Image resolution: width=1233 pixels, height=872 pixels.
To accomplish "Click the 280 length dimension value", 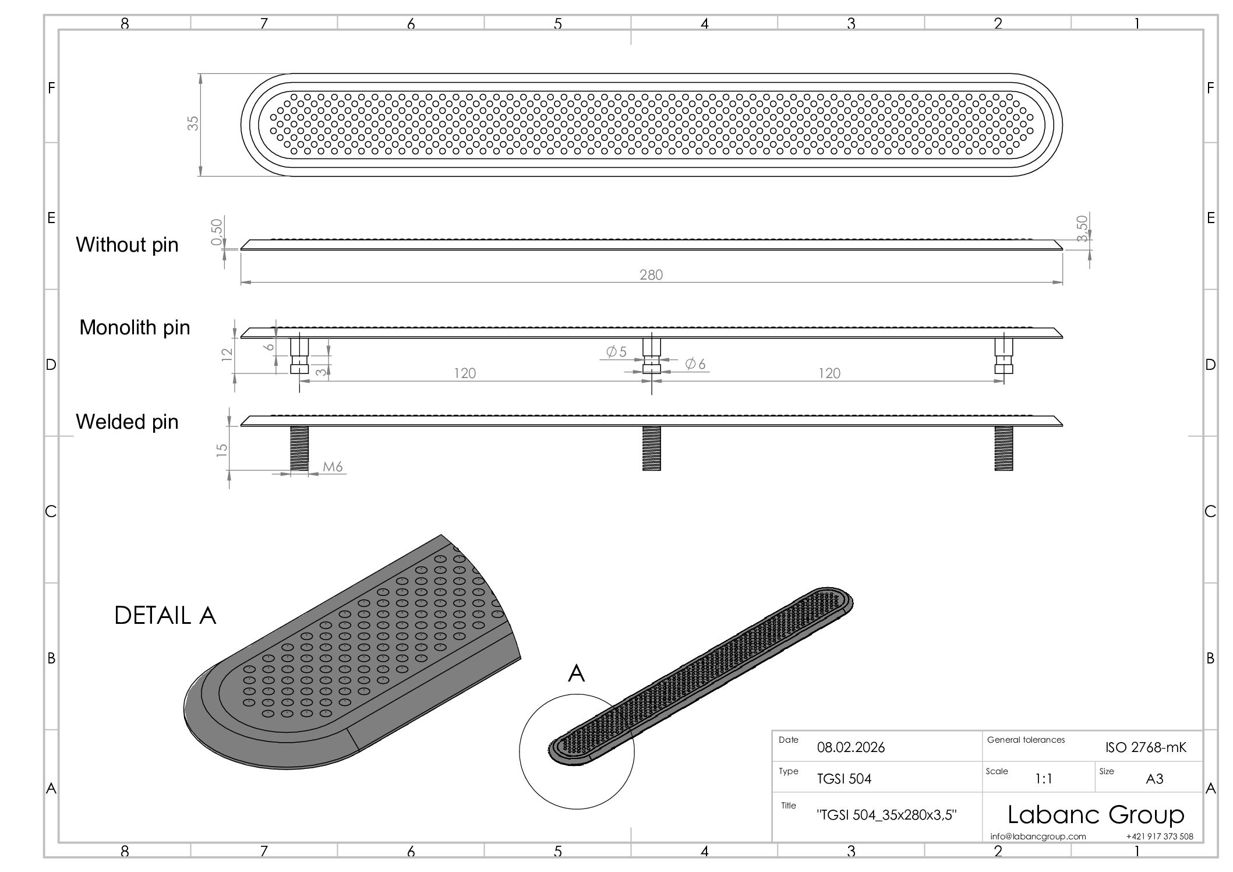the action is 651,275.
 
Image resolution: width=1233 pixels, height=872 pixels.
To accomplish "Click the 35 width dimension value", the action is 193,123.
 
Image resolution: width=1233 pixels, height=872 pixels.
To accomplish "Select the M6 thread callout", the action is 333,467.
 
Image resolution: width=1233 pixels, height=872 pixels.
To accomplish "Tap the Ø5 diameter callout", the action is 616,352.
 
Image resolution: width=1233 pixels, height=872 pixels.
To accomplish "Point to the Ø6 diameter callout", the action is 695,364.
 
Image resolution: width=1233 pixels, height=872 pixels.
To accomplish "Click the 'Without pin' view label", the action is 127,245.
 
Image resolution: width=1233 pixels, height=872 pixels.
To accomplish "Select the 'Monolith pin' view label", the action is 135,328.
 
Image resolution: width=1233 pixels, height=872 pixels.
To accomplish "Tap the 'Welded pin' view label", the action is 127,422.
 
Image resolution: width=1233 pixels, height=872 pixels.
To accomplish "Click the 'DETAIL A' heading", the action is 165,616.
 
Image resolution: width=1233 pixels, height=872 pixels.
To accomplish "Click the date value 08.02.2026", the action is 851,747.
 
